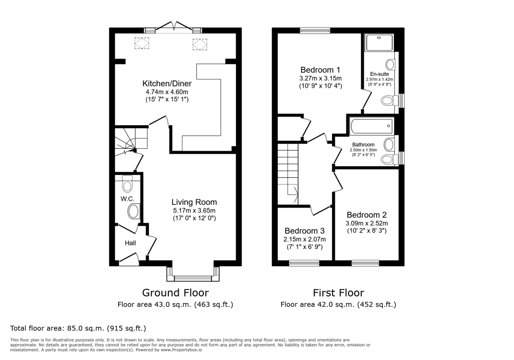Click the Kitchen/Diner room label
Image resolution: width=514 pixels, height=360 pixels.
tap(167, 83)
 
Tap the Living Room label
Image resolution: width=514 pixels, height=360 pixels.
tap(194, 202)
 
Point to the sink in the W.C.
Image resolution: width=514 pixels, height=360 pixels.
tap(134, 211)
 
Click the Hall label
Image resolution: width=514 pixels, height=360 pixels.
tap(130, 243)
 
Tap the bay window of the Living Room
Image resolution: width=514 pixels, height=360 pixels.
tap(193, 278)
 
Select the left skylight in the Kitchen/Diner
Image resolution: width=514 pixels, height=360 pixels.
tap(142, 43)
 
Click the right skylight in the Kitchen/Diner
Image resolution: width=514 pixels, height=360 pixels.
tap(199, 44)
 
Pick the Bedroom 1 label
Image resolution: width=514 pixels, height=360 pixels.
tap(320, 70)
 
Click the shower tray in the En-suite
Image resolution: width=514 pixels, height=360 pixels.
tap(379, 43)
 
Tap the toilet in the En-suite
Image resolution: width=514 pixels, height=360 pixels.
tap(388, 101)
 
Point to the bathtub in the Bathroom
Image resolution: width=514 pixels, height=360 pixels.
tap(371, 126)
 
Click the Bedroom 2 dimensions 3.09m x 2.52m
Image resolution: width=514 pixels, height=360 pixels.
tap(366, 223)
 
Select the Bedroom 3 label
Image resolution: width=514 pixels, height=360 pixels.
tap(305, 231)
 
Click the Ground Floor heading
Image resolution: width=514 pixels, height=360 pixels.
tap(175, 293)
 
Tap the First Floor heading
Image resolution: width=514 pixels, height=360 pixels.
tap(338, 293)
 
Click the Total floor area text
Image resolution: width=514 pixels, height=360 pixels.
tap(78, 328)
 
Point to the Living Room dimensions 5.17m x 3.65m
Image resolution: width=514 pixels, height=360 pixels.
tap(194, 210)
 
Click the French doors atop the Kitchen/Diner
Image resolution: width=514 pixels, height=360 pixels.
tap(173, 28)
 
